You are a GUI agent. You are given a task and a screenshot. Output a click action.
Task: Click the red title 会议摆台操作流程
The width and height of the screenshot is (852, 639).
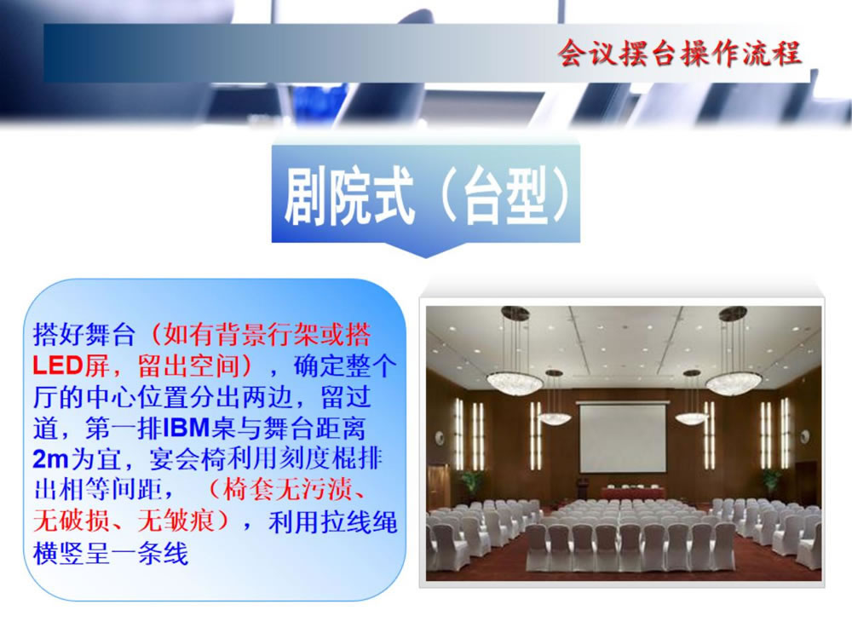(680, 53)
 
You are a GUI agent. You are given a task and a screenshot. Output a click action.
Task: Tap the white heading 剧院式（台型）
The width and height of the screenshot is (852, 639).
(427, 196)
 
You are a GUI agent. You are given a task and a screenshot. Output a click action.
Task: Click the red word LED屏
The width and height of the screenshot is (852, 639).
(72, 366)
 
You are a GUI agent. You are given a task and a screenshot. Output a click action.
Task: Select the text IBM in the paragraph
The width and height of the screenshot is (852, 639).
(186, 429)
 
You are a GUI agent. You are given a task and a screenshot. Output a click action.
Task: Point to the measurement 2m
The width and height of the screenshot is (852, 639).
(50, 460)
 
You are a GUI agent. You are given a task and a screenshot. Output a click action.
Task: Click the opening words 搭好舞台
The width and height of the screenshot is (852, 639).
(83, 334)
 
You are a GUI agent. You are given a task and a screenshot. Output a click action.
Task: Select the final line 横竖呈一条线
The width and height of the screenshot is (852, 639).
(110, 553)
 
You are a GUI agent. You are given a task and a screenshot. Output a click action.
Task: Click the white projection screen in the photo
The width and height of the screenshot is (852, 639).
(623, 437)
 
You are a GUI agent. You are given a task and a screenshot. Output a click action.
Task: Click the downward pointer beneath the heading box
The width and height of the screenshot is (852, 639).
(426, 249)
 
